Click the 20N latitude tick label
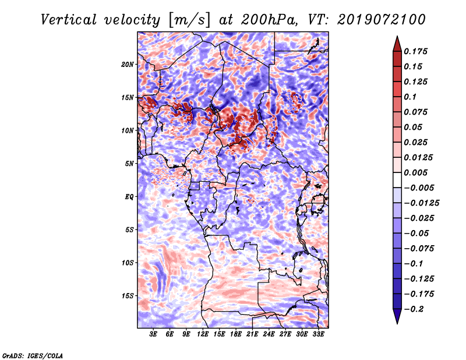(x=128, y=64)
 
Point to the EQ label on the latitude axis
(x=129, y=196)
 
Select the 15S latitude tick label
(x=128, y=295)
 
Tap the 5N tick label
(x=129, y=163)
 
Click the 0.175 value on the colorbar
(x=417, y=52)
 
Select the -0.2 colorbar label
(x=415, y=309)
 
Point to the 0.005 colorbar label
(x=417, y=173)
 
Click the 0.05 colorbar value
(x=414, y=128)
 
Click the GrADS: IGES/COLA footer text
(x=32, y=355)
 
